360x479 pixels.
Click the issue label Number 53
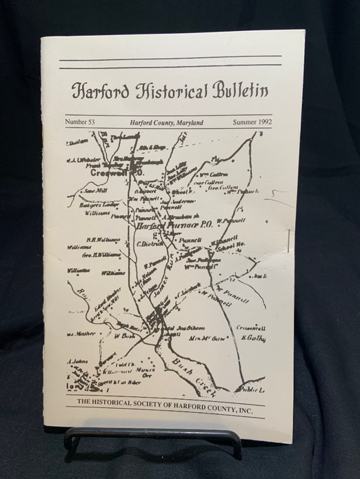(x=80, y=122)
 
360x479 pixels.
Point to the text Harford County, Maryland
(x=166, y=122)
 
